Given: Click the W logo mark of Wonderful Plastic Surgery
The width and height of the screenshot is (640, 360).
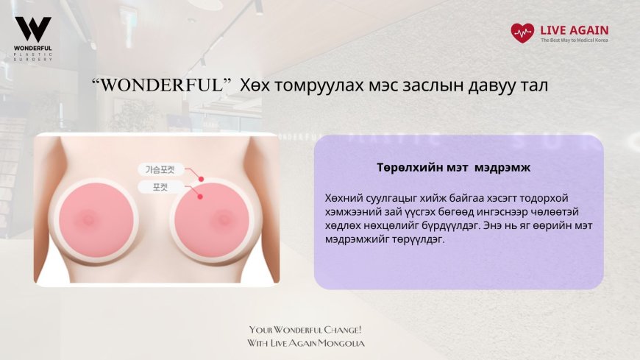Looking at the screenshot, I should (x=33, y=29).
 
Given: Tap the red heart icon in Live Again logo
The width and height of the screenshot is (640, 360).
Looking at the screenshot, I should (x=522, y=33).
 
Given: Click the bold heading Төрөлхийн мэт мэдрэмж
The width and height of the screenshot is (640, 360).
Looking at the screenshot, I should (x=458, y=167).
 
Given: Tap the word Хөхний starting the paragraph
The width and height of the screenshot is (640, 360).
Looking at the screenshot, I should (x=344, y=198).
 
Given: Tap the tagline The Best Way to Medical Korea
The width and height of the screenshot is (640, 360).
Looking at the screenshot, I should (x=575, y=40).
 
